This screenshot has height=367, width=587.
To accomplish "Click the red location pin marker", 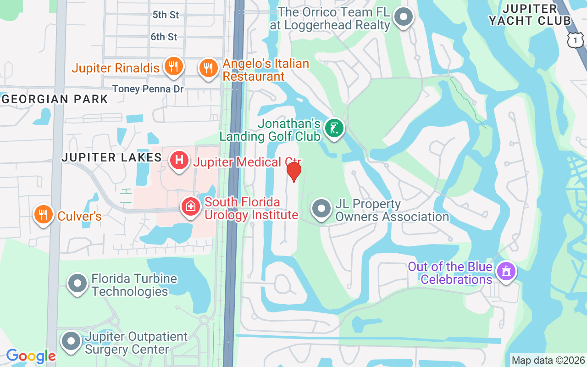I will [293, 172].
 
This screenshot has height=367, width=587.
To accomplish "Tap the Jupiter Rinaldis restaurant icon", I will [173, 67].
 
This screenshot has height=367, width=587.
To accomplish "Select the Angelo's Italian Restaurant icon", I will [209, 68].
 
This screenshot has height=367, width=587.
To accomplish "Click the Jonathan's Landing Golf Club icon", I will [334, 128].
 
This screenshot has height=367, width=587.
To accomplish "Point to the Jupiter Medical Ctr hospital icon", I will [179, 160].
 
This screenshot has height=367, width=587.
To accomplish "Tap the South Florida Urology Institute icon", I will [191, 206].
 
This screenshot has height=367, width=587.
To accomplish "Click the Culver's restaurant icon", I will [43, 214].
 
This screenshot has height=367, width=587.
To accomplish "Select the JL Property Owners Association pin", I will [321, 209].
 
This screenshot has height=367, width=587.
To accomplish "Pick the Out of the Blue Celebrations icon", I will [506, 271].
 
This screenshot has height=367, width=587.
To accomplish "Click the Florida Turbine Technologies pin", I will [78, 284].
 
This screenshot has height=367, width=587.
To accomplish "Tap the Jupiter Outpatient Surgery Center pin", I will [71, 341].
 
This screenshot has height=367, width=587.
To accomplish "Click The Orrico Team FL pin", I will [404, 17].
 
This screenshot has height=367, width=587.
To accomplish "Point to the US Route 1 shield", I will [575, 40].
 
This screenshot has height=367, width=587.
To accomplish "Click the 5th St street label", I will [166, 15].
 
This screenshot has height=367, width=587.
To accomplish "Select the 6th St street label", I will [164, 37].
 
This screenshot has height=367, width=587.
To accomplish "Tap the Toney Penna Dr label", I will [148, 89].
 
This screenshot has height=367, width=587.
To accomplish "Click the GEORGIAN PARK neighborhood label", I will [55, 99].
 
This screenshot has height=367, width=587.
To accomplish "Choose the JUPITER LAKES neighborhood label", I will [111, 157].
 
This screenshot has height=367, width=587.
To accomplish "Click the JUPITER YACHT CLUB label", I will [530, 15].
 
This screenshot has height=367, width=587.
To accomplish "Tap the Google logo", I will [31, 356].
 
